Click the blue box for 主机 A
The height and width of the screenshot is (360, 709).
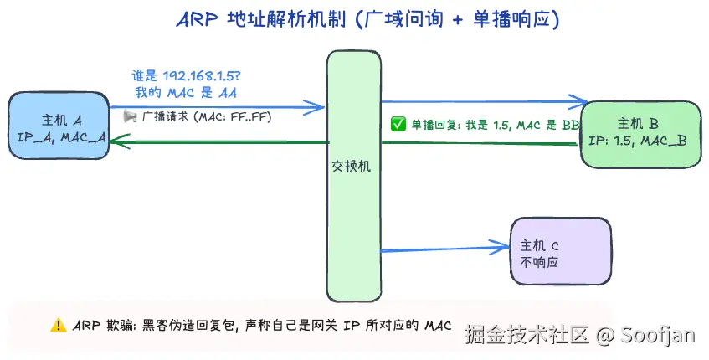pyautogui.click(x=59, y=126)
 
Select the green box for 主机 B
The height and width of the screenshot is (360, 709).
pyautogui.click(x=640, y=134)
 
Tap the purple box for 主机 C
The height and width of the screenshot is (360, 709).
pyautogui.click(x=561, y=251)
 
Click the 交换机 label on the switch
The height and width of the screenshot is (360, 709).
pyautogui.click(x=352, y=167)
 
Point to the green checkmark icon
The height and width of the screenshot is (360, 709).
pyautogui.click(x=398, y=124)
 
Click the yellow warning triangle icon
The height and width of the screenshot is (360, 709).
pyautogui.click(x=59, y=325)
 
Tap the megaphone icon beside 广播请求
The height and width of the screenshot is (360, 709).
pyautogui.click(x=130, y=116)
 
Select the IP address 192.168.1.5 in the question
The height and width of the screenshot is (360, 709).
pyautogui.click(x=201, y=76)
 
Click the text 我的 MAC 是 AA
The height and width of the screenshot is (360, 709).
pyautogui.click(x=186, y=93)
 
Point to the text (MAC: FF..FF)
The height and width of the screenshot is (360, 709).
pyautogui.click(x=233, y=117)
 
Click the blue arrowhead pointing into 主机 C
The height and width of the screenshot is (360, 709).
pyautogui.click(x=500, y=247)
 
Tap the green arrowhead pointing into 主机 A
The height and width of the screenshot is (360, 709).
pyautogui.click(x=120, y=141)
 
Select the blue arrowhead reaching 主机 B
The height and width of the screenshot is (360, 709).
pyautogui.click(x=578, y=102)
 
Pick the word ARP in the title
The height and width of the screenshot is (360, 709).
pyautogui.click(x=198, y=20)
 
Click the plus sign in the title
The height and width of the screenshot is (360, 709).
pyautogui.click(x=457, y=21)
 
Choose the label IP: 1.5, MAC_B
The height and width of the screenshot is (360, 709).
pyautogui.click(x=638, y=141)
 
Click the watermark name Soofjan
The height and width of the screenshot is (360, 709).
pyautogui.click(x=657, y=335)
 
